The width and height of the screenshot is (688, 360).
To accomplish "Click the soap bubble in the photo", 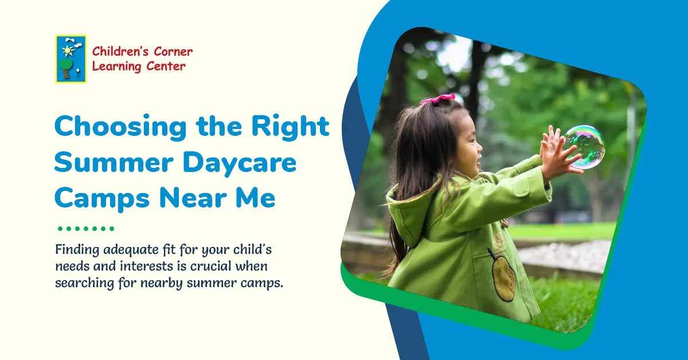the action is pyautogui.click(x=584, y=147).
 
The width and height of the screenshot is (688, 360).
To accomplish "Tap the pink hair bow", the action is pyautogui.click(x=438, y=99).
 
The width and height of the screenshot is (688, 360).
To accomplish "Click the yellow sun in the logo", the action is pyautogui.click(x=68, y=50).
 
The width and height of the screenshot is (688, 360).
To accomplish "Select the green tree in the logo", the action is pyautogui.click(x=66, y=68).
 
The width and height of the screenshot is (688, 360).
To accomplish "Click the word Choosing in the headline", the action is pyautogui.click(x=121, y=127).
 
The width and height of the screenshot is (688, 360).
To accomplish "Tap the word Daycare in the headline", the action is pyautogui.click(x=240, y=163).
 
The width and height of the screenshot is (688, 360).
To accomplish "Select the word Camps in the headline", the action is pyautogui.click(x=102, y=199).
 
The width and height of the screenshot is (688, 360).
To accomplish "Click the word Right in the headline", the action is pyautogui.click(x=291, y=126).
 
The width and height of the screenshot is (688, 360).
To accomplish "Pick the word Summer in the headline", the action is pyautogui.click(x=114, y=162).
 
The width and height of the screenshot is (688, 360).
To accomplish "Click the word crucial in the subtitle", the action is pyautogui.click(x=211, y=266).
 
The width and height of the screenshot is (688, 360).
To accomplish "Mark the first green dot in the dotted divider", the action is pyautogui.click(x=60, y=229).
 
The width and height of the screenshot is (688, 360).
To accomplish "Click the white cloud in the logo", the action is pyautogui.click(x=74, y=42).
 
